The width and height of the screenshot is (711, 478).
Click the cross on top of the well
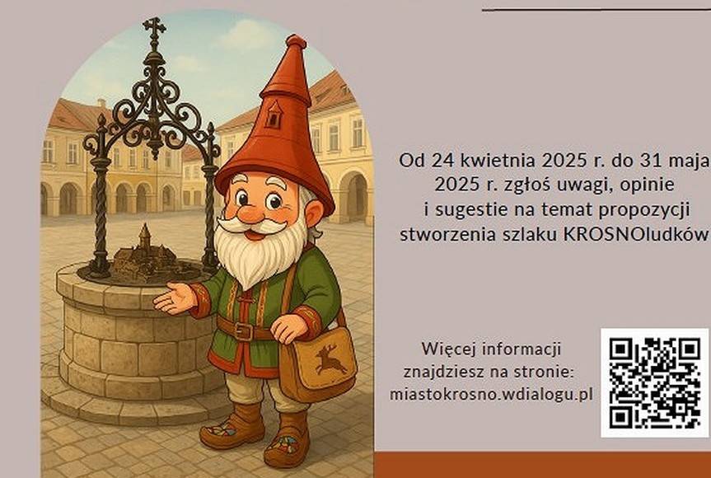(x=154, y=28)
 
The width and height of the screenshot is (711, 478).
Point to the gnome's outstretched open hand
(x=174, y=298)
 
